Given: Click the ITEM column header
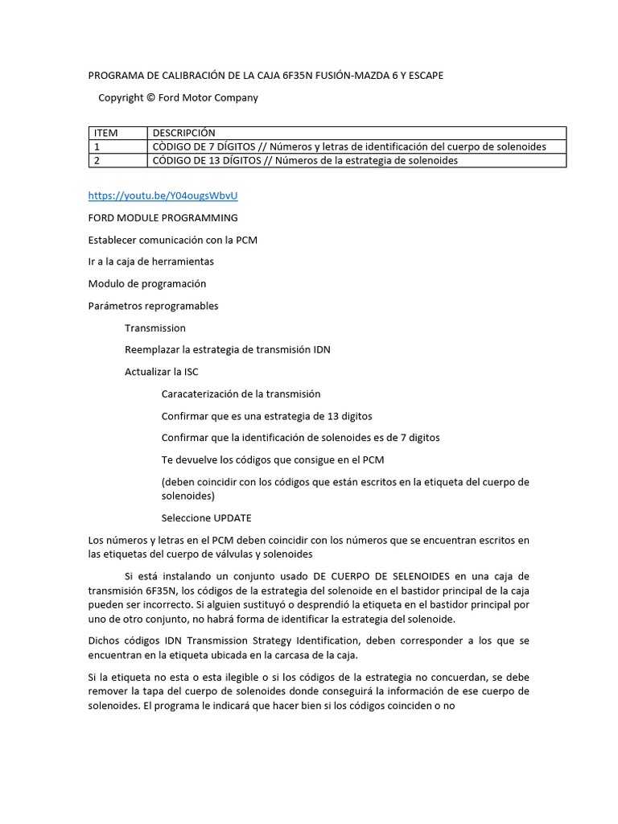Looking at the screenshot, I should click(105, 133).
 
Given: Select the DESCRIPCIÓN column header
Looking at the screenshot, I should click(183, 133).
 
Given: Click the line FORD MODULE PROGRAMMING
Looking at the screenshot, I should click(163, 218).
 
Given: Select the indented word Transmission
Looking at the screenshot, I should click(155, 328).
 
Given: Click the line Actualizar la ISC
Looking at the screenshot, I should click(162, 372).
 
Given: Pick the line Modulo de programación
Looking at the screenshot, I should click(146, 284).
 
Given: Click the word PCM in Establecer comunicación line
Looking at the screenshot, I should click(247, 240).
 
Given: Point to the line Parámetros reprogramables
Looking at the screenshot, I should click(153, 306).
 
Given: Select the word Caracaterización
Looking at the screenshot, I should click(199, 394).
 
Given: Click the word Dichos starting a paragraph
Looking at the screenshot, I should click(104, 641).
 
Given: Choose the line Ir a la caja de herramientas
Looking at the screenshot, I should click(150, 262).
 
